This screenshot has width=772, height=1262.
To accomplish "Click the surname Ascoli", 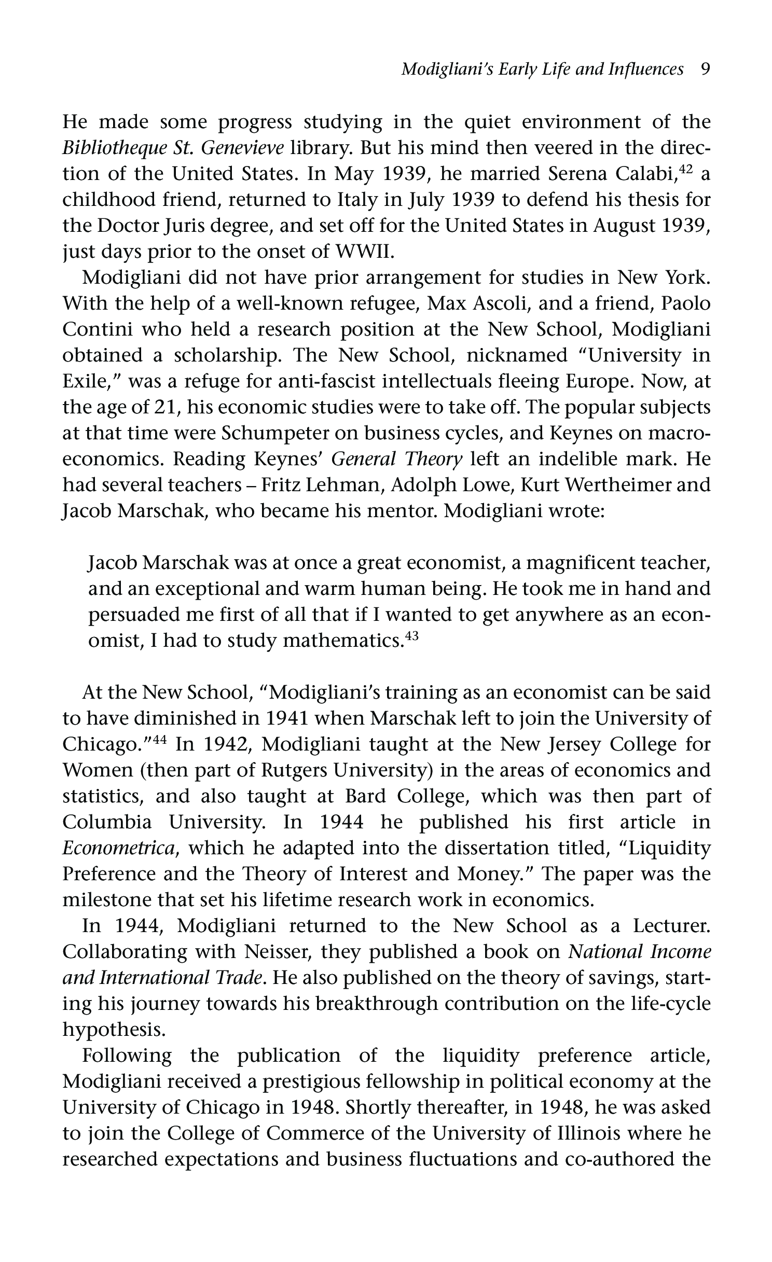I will (501, 304).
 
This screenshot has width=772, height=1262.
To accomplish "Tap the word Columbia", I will (107, 823).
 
